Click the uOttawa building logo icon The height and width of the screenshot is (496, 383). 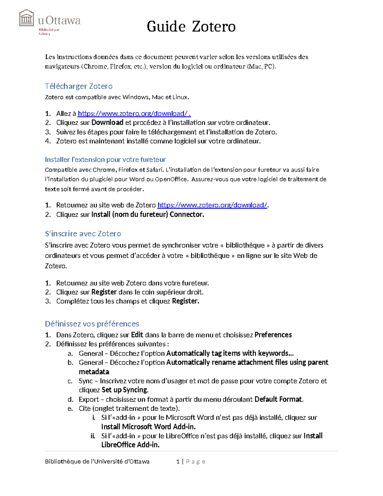[26, 18]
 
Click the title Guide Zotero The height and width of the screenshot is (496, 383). [191, 27]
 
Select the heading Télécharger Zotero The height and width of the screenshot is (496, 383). [79, 86]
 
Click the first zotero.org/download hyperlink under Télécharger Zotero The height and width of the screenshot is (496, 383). [134, 114]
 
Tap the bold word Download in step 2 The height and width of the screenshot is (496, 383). [107, 123]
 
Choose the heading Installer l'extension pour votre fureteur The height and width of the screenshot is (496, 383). [105, 159]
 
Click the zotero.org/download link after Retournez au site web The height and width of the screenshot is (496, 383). [212, 205]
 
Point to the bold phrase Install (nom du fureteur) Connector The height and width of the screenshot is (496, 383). [147, 215]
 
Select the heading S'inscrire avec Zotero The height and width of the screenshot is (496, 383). [83, 234]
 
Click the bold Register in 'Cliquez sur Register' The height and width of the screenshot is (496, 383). [104, 292]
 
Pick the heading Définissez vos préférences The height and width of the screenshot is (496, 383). [92, 324]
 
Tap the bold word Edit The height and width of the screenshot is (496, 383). [137, 335]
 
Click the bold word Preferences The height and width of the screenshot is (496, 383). [273, 335]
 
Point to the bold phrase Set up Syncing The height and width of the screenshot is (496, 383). [125, 390]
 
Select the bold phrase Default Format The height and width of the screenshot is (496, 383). [278, 400]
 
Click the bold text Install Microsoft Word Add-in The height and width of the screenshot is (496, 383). [148, 427]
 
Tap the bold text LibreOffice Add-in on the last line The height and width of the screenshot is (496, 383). [130, 445]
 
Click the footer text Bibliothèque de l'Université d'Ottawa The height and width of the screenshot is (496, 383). [97, 462]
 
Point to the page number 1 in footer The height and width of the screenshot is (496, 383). [178, 462]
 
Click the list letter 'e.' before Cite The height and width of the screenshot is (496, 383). [70, 409]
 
